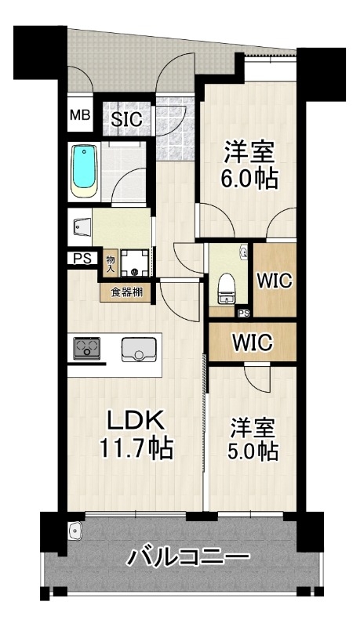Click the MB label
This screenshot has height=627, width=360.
coord(80,115)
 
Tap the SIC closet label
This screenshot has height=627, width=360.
coord(126,119)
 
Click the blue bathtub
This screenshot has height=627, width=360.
coord(84,172)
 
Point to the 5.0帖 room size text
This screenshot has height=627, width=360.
coord(252,451)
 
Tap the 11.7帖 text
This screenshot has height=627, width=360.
coord(136,448)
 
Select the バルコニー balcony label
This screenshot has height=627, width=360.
coord(188,557)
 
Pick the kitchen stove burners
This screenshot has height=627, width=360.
coord(86,348)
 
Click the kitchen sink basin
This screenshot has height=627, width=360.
coord(139,350)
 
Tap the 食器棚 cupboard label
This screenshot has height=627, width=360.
coord(126,292)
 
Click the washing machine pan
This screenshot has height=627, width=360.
coord(135,263)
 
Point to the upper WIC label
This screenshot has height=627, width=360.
coord(275,281)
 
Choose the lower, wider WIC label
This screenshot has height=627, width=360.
coord(253,342)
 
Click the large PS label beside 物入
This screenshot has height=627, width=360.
coord(82,259)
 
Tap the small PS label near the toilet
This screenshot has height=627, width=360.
coord(244,314)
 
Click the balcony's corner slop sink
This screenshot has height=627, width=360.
coord(75,531)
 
